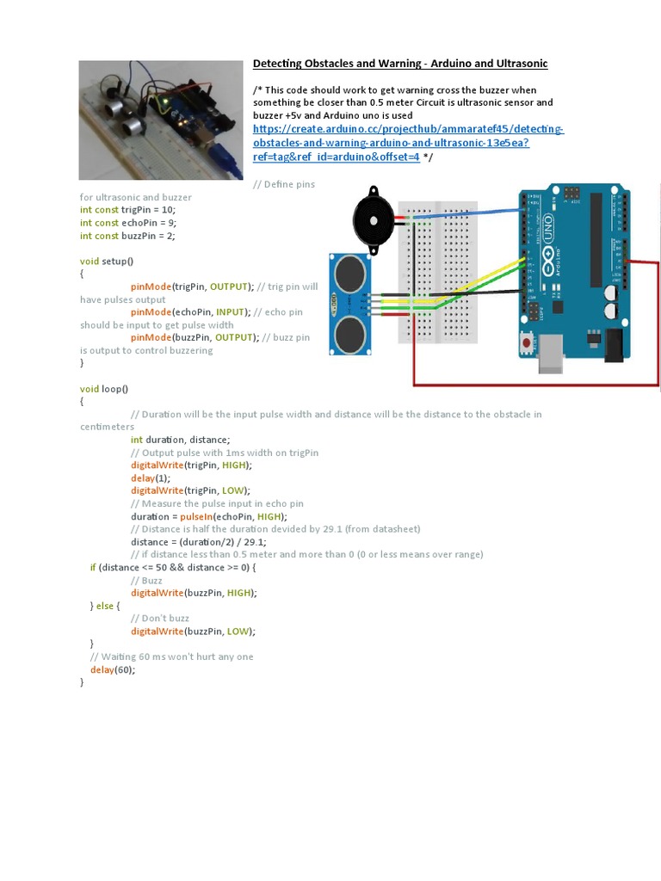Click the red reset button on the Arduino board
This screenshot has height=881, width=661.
tap(526, 343)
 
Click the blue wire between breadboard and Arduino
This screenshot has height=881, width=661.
tap(473, 213)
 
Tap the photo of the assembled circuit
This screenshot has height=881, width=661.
tap(159, 120)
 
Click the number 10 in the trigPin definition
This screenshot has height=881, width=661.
tap(167, 209)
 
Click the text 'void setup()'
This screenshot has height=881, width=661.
tap(108, 261)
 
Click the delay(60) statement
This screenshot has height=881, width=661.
tap(113, 669)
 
